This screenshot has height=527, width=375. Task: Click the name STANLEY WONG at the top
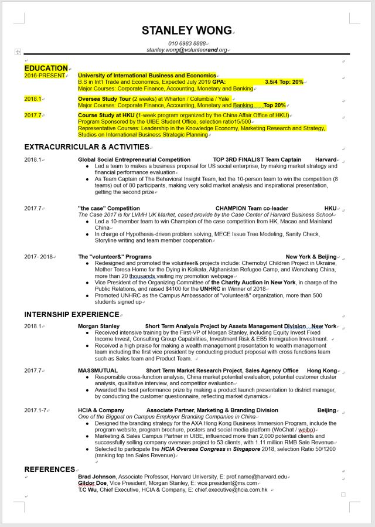tap(187, 30)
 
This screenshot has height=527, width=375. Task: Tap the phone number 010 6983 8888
tap(187, 43)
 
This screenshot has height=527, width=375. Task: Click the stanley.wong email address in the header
tap(187, 50)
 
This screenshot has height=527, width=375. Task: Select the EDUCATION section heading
tap(46, 68)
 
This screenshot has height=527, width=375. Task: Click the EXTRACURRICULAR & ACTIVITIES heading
tap(87, 147)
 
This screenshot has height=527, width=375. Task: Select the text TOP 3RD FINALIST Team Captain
tap(257, 159)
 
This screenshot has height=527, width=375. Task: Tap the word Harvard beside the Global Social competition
tap(326, 159)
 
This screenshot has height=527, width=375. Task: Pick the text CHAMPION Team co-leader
tap(252, 208)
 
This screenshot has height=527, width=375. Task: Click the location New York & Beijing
tap(311, 257)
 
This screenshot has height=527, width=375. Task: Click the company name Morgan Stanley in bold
tap(98, 326)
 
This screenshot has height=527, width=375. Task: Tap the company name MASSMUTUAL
tap(98, 370)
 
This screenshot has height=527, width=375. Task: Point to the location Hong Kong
tap(322, 370)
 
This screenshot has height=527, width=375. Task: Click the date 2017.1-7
tap(36, 410)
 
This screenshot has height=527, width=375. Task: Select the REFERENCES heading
tap(49, 469)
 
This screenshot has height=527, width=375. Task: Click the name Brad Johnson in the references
tap(97, 477)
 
